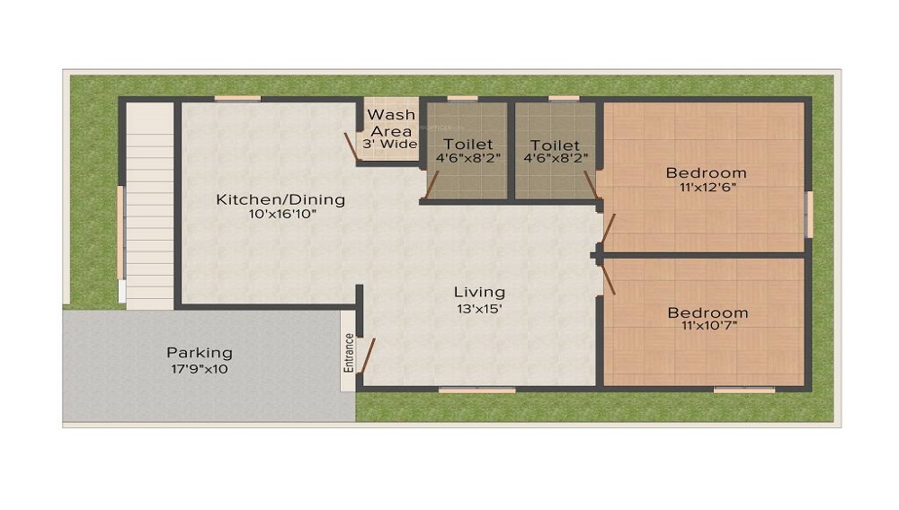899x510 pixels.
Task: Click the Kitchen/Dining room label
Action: coord(280,199)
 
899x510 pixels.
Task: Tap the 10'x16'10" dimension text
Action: coord(280,215)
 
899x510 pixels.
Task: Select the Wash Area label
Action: coord(391,123)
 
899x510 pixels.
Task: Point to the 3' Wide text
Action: coord(390,144)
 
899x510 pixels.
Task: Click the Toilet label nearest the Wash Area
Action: coord(467,145)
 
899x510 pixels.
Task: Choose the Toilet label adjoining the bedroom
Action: coord(555,145)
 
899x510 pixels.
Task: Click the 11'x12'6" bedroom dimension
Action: coord(706,189)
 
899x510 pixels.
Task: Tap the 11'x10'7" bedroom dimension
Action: coord(708,329)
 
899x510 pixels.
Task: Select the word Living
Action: coord(479,292)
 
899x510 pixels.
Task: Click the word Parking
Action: coord(199,353)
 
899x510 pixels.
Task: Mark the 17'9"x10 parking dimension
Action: coord(199,369)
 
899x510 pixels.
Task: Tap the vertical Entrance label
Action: coord(348,352)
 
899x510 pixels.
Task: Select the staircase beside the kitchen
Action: coord(148,207)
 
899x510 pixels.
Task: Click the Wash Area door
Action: coord(352,147)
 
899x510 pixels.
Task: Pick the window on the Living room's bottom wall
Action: coord(476,390)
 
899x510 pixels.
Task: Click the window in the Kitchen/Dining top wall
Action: coord(237,99)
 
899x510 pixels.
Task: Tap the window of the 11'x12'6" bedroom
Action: coord(809,215)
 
